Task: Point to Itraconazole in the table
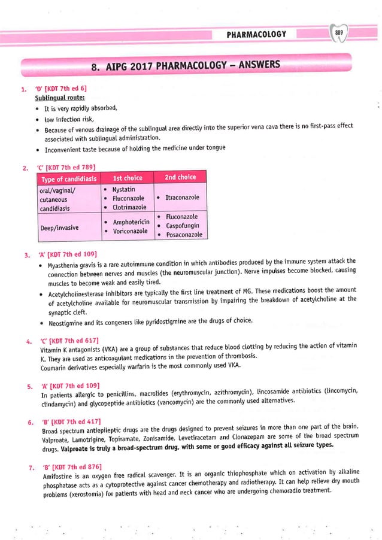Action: (182, 198)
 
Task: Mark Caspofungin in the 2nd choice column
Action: (183, 226)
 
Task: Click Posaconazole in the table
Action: (184, 235)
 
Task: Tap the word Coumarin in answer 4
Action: (54, 366)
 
